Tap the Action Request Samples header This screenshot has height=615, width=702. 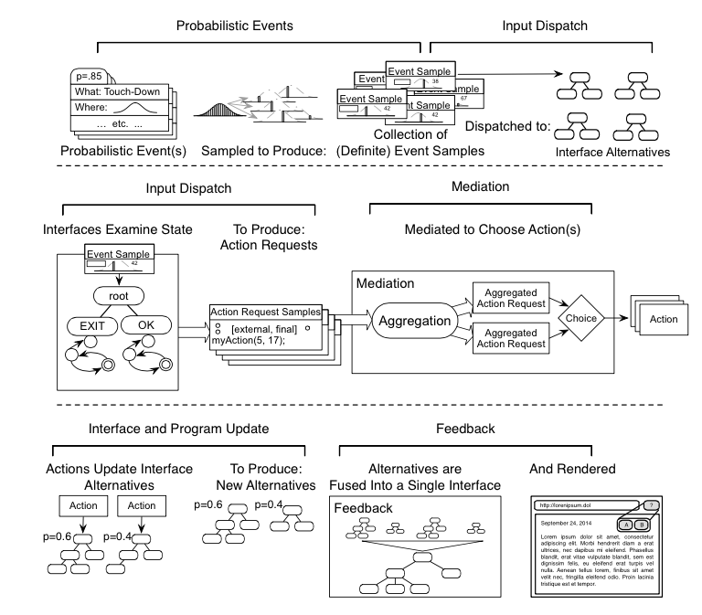pyautogui.click(x=264, y=312)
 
